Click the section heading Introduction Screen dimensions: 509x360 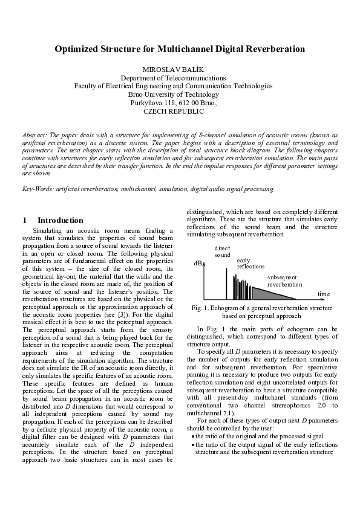(60, 221)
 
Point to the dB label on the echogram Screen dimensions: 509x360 (198, 264)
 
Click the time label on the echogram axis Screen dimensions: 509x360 (324, 294)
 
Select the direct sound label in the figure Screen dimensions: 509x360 (223, 252)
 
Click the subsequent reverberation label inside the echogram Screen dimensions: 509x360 (284, 280)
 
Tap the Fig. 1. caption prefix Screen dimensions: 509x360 (202, 308)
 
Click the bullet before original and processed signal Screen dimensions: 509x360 (193, 436)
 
